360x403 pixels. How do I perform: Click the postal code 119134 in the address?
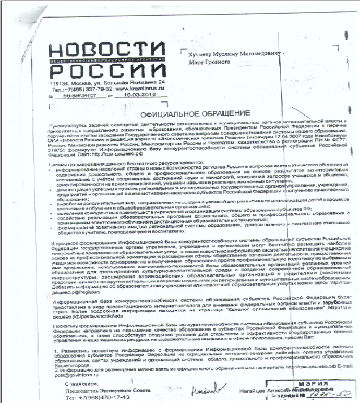[60, 83]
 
